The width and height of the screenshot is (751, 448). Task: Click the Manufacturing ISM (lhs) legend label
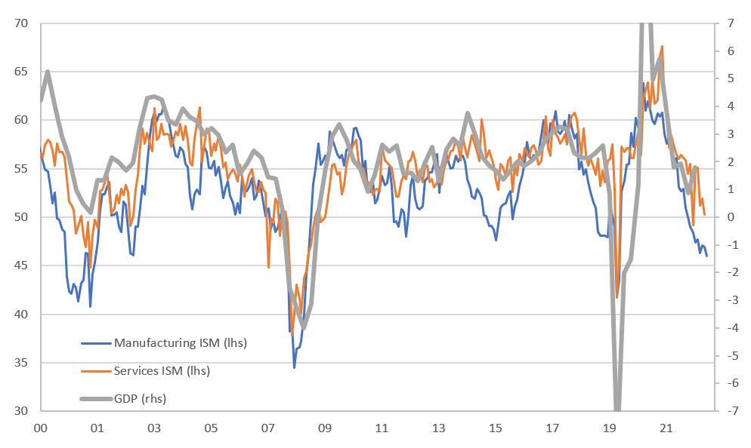point(180,343)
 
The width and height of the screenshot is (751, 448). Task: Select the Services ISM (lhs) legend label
point(162,370)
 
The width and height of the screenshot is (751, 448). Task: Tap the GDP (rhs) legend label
point(140,398)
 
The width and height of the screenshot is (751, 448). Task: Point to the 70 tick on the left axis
point(21,23)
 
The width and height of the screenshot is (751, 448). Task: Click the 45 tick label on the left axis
point(21,265)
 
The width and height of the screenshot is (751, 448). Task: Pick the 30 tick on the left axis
point(21,411)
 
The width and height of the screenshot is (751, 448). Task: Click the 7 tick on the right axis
point(731,23)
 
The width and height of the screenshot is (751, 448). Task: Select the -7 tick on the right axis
point(728,411)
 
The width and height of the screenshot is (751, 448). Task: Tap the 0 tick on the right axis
point(731,217)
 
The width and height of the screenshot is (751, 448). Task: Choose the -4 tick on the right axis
point(728,328)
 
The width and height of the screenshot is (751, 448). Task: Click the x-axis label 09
point(325,428)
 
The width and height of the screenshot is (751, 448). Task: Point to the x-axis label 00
point(41,428)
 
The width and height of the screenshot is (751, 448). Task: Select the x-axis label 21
point(666,428)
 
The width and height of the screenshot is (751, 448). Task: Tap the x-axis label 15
point(496,428)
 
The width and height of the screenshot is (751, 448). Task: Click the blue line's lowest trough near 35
point(294,367)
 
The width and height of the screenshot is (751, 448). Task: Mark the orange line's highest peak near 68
point(662,46)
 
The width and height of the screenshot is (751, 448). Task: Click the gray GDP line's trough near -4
point(303,328)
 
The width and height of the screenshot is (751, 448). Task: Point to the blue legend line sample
point(96,343)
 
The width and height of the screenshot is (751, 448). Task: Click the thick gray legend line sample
point(96,398)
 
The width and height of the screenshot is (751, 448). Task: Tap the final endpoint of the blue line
point(706,256)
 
